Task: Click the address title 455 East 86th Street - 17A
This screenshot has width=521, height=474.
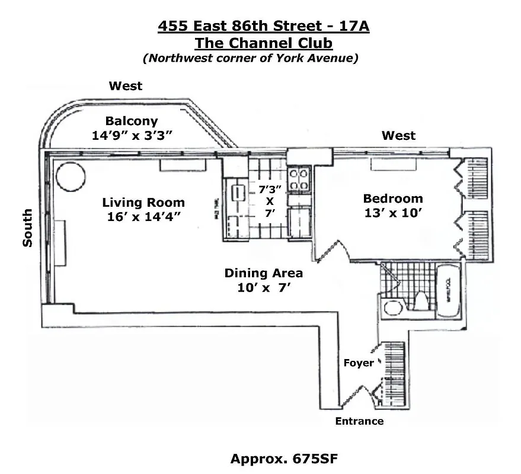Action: coord(264,27)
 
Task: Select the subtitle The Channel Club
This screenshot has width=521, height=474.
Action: coord(264,43)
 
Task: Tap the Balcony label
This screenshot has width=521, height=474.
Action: coord(132,121)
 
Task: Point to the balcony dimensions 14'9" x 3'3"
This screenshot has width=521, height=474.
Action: coord(132,135)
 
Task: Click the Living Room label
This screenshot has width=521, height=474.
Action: coord(143,202)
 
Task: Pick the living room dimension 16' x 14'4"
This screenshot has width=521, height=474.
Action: coord(143,216)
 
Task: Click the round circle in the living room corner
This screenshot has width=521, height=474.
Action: coord(70,175)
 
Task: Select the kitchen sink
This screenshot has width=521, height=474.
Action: coord(238,194)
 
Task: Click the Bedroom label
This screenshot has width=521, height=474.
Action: coord(393,198)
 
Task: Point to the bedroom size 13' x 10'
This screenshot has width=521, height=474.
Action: coord(393,213)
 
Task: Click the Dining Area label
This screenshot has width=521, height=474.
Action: coord(263,273)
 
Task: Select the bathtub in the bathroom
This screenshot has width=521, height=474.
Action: coord(448,292)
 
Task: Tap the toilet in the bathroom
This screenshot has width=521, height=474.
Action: coord(422,300)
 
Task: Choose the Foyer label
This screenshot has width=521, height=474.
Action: coord(359,363)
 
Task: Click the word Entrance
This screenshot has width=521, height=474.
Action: coord(359,421)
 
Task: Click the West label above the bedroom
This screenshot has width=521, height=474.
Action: coord(398,136)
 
